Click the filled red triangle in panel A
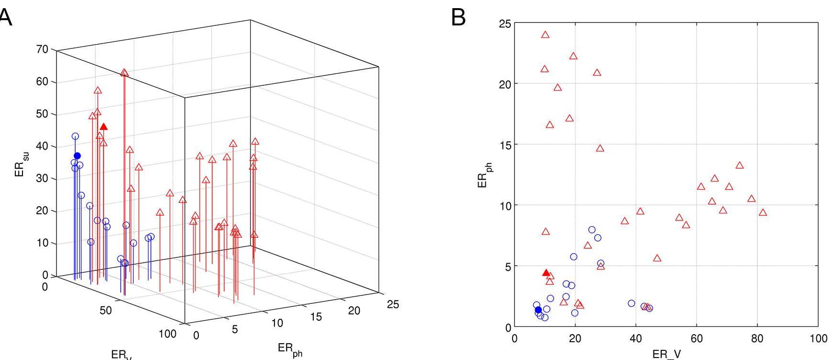pos(103,127)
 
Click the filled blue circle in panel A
pos(78,156)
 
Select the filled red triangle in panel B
pos(546,273)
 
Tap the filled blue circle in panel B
pos(538,310)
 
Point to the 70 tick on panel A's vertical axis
pos(43,49)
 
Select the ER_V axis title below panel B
pos(666,354)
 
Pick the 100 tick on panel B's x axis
pos(818,339)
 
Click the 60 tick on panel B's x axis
pos(697,339)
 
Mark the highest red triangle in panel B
pos(545,35)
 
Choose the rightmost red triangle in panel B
pos(763,212)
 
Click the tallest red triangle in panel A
pos(125,73)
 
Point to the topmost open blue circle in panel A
pos(75,136)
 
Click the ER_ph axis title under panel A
pos(290,348)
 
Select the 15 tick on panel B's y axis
pos(505,144)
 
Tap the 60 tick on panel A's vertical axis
pos(43,81)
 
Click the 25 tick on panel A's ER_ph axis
pos(392,304)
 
